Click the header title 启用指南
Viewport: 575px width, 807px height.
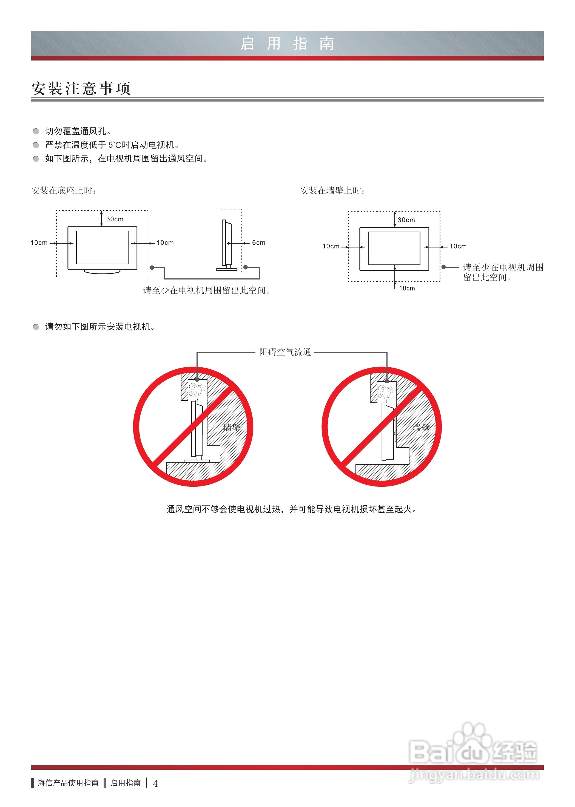coord(287,44)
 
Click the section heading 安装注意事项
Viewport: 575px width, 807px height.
coord(81,88)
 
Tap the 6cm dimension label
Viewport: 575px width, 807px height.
coord(258,243)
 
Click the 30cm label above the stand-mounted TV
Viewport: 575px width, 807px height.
coord(115,219)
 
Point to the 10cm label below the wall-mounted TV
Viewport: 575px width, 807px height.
coord(407,288)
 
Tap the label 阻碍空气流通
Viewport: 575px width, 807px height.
coord(285,352)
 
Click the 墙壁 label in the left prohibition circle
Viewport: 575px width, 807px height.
coord(232,428)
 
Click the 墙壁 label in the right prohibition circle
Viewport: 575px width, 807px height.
coord(421,428)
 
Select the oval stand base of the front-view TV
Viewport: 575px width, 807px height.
coord(102,272)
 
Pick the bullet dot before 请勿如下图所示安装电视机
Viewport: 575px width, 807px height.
coord(36,327)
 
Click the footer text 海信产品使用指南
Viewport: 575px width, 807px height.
coord(68,783)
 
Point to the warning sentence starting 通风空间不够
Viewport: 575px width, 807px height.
coord(291,509)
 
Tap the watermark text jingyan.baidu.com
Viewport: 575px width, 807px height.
coord(474,775)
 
